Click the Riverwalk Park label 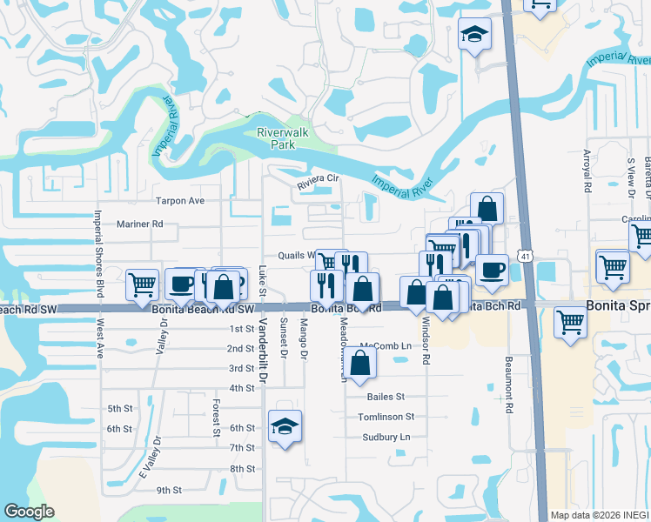277,138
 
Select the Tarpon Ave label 179,201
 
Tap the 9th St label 169,490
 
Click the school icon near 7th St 285,426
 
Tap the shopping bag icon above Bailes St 360,361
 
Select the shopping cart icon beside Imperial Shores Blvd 142,284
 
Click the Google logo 29,512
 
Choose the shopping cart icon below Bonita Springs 571,321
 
